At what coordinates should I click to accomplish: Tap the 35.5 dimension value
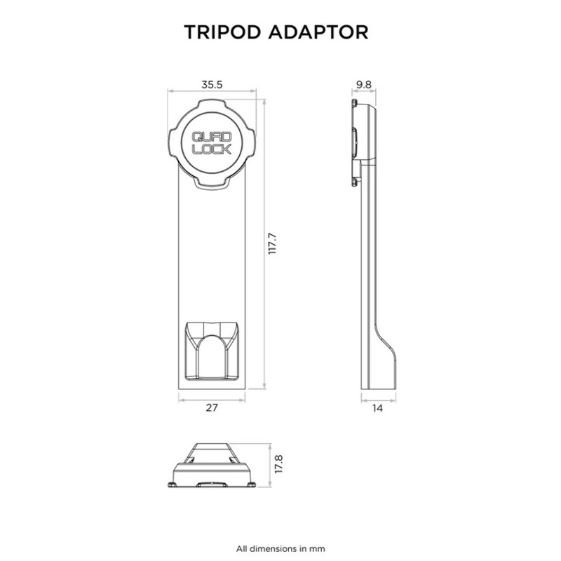click(212, 84)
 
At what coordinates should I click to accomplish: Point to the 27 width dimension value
click(212, 409)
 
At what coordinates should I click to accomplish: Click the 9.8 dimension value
click(363, 84)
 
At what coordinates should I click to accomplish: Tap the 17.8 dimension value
click(278, 466)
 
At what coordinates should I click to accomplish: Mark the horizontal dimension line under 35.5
click(212, 91)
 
